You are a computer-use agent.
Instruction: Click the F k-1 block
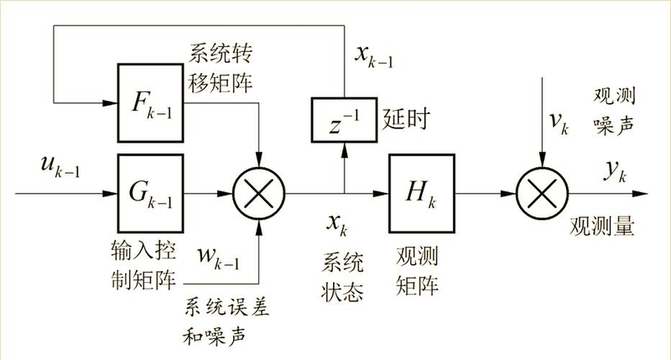point(150,106)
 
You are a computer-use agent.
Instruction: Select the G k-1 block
point(150,193)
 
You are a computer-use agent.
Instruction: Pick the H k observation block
point(421,193)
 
